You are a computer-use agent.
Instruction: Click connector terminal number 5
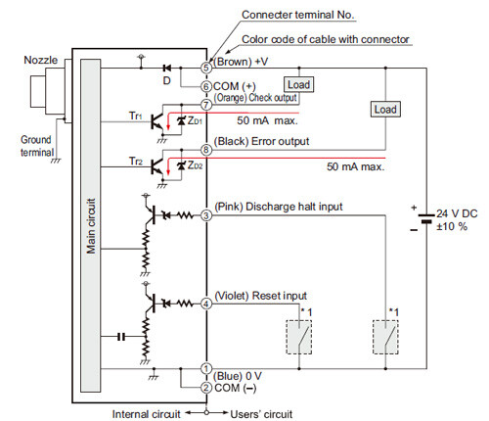point(206,68)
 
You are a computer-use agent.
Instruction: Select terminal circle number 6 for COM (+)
point(206,87)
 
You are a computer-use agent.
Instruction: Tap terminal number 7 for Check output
point(206,105)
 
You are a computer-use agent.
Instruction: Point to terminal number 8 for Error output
point(206,150)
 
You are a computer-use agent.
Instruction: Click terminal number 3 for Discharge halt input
point(206,215)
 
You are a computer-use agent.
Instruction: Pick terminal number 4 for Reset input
point(206,304)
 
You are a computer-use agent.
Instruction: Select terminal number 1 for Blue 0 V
point(206,369)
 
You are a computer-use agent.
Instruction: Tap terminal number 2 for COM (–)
point(206,388)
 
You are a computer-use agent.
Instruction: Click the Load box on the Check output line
point(298,85)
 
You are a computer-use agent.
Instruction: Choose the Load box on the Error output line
point(385,110)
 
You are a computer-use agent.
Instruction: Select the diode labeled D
point(167,68)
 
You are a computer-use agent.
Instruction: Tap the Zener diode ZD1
point(181,120)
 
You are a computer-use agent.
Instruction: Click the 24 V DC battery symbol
point(425,218)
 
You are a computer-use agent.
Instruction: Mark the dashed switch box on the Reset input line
point(299,337)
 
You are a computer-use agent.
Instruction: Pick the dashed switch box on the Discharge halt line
point(385,337)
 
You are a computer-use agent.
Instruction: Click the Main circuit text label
point(91,226)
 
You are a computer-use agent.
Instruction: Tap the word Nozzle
point(40,60)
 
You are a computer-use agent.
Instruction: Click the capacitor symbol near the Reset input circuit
point(121,336)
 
